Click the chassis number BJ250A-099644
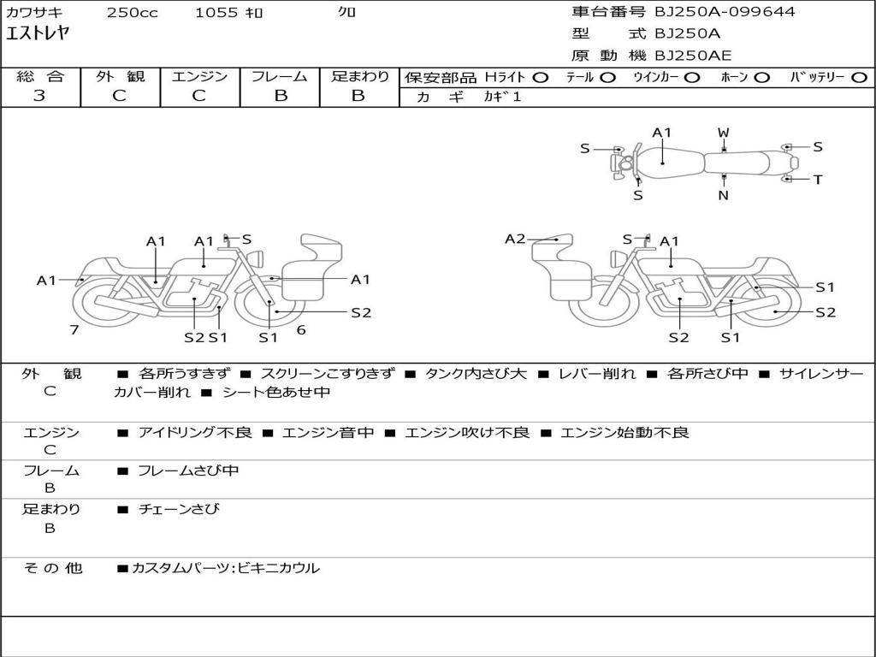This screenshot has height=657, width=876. pyautogui.click(x=725, y=11)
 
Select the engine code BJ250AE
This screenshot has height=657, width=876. pyautogui.click(x=693, y=56)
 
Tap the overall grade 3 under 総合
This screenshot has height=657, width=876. pyautogui.click(x=39, y=96)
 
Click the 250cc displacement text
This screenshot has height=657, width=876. pyautogui.click(x=133, y=12)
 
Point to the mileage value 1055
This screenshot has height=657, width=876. pyautogui.click(x=216, y=12)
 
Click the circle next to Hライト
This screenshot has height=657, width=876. pyautogui.click(x=541, y=78)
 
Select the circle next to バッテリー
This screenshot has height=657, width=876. pyautogui.click(x=860, y=78)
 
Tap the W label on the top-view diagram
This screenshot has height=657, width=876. pyautogui.click(x=724, y=133)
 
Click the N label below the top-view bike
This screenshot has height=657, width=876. pyautogui.click(x=724, y=196)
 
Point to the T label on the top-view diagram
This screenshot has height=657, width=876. pyautogui.click(x=818, y=180)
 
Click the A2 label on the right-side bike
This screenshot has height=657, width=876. pyautogui.click(x=515, y=240)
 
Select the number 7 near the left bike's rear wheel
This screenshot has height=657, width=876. pyautogui.click(x=74, y=329)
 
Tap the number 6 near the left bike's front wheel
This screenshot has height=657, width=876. pyautogui.click(x=301, y=329)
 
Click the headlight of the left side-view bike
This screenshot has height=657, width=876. pyautogui.click(x=257, y=258)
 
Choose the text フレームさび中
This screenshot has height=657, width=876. pyautogui.click(x=188, y=471)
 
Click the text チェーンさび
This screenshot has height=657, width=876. pyautogui.click(x=179, y=509)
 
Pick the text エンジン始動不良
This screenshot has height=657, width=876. pyautogui.click(x=624, y=432)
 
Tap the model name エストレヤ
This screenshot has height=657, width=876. pyautogui.click(x=37, y=33)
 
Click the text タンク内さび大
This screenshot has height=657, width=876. pyautogui.click(x=476, y=373)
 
